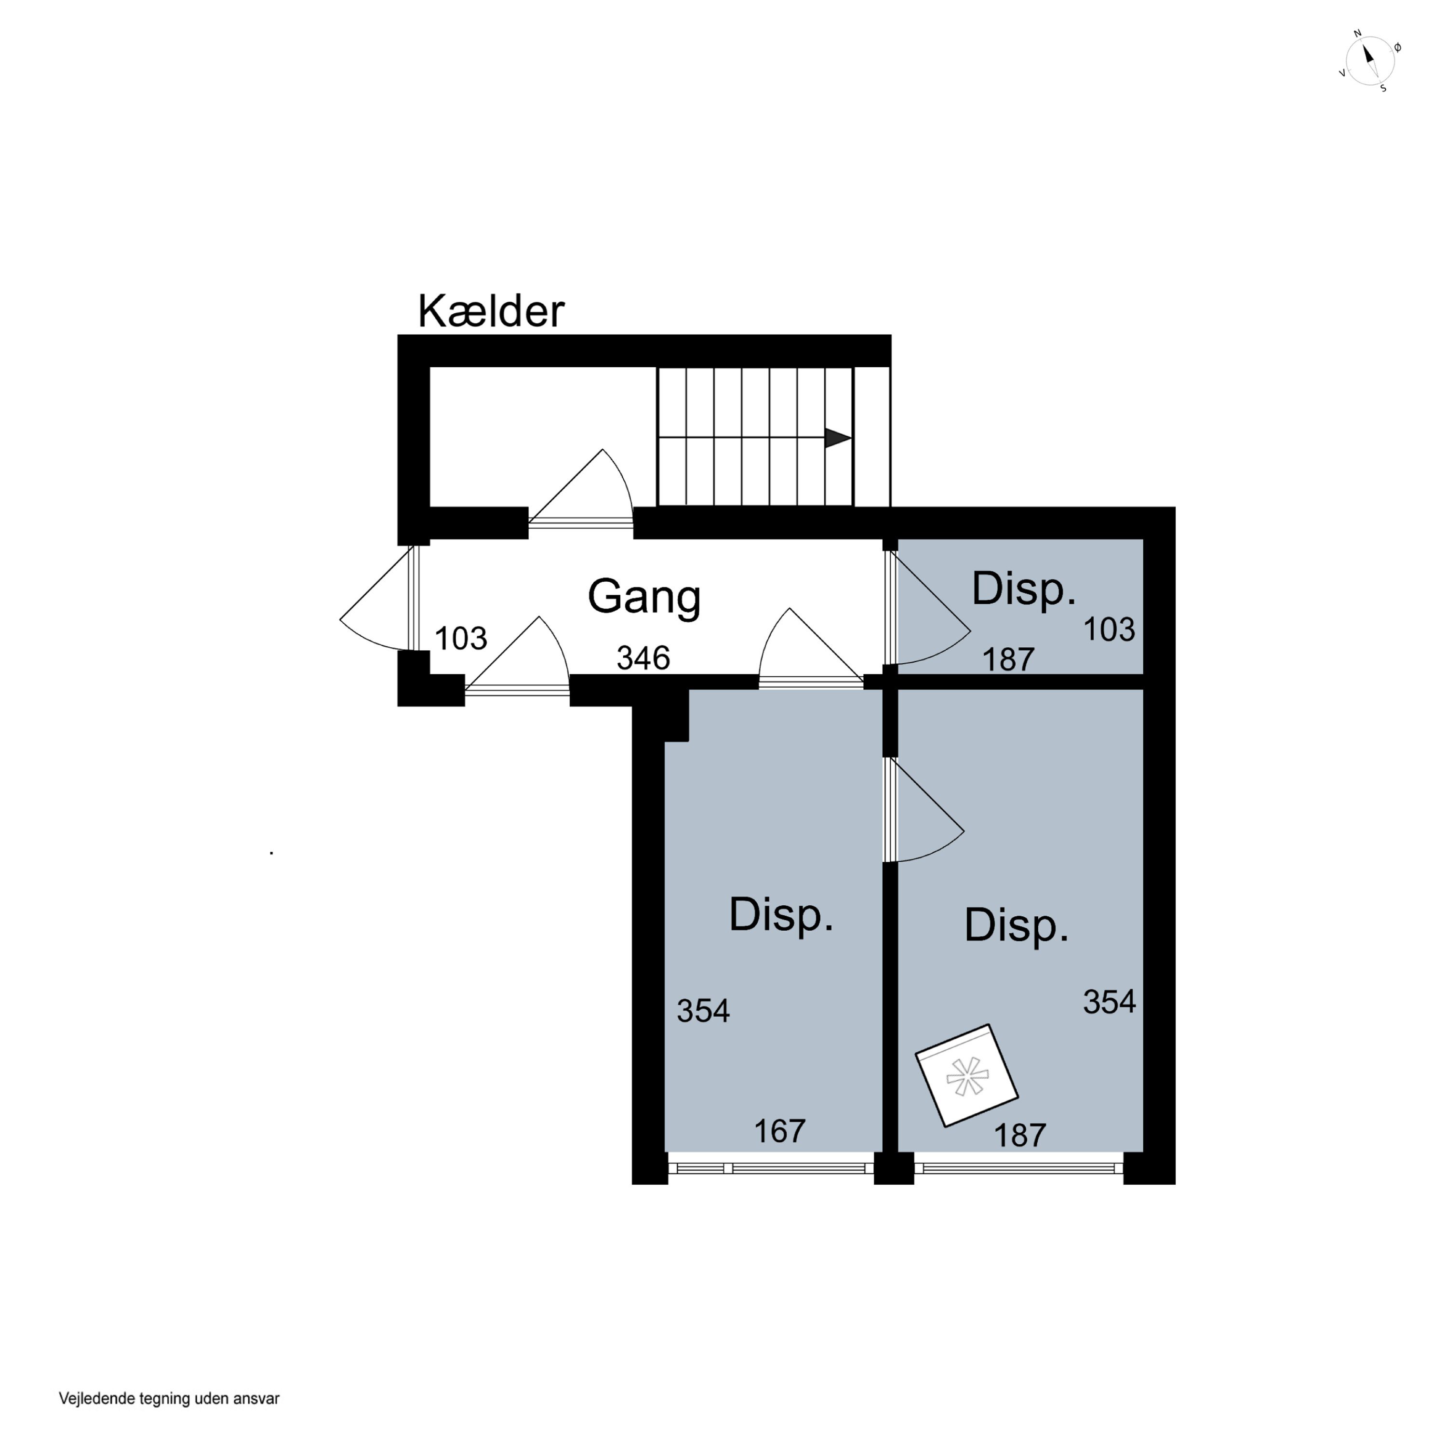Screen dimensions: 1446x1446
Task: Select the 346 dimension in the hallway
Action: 643,658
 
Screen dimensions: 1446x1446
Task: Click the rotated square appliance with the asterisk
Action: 967,1075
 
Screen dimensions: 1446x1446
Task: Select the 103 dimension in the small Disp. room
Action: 1109,629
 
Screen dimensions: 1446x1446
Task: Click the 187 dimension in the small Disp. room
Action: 1008,659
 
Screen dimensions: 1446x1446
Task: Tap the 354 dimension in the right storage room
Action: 1109,1002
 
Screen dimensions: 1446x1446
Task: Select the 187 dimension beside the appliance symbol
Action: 1019,1136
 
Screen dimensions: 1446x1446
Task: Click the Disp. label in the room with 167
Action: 781,915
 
